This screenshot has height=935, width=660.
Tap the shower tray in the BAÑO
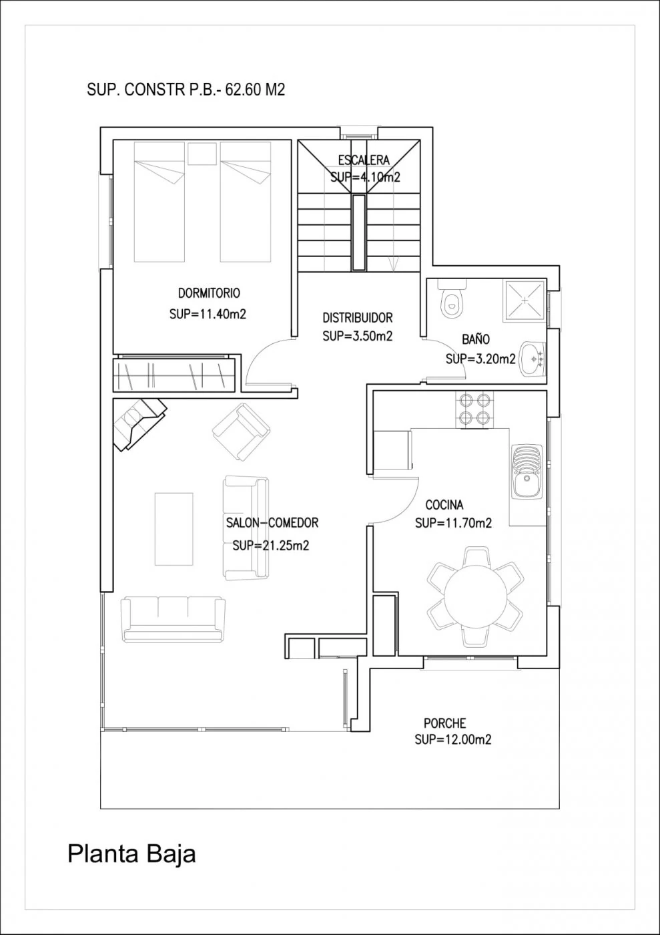tap(525, 301)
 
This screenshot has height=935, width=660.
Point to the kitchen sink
tap(527, 472)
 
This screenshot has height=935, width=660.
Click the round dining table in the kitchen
tap(474, 596)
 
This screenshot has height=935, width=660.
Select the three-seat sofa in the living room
tap(173, 620)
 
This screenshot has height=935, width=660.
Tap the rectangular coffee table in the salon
tap(174, 529)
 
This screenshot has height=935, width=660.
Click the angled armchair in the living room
tap(242, 432)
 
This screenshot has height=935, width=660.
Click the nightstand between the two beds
tap(202, 154)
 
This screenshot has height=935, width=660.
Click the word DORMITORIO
tap(209, 293)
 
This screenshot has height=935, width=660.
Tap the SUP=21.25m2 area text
tap(271, 545)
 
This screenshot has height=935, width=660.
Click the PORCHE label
tap(444, 723)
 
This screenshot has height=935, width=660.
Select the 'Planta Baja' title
tap(131, 854)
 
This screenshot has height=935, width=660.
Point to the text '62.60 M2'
tap(255, 89)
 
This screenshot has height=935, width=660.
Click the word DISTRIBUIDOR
tap(358, 318)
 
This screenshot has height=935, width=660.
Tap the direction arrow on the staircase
tap(392, 263)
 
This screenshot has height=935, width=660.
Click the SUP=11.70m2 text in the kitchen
tap(453, 522)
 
